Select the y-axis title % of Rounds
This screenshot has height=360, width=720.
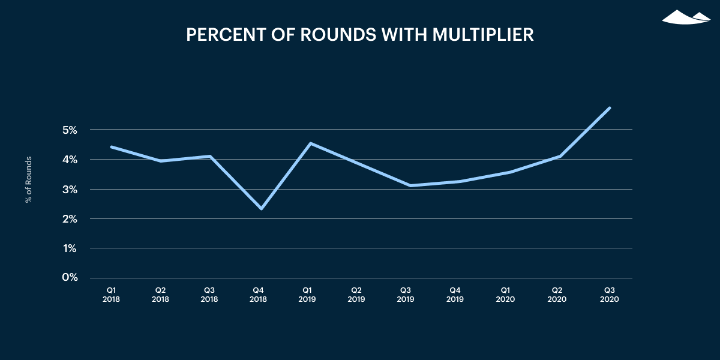tap(28, 179)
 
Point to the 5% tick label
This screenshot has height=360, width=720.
tap(70, 130)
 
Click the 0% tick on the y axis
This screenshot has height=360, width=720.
tap(70, 277)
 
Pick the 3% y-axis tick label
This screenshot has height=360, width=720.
tap(70, 189)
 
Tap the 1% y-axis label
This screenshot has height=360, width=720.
tap(70, 248)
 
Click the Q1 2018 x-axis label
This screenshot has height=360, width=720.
tap(111, 294)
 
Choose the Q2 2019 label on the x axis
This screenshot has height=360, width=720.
tap(356, 294)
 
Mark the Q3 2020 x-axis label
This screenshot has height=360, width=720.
tap(610, 294)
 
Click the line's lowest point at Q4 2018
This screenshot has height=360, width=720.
tap(261, 208)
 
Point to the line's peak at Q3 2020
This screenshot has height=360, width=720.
tap(610, 108)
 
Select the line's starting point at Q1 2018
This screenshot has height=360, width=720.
tap(112, 147)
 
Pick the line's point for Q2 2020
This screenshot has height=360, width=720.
tap(560, 156)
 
